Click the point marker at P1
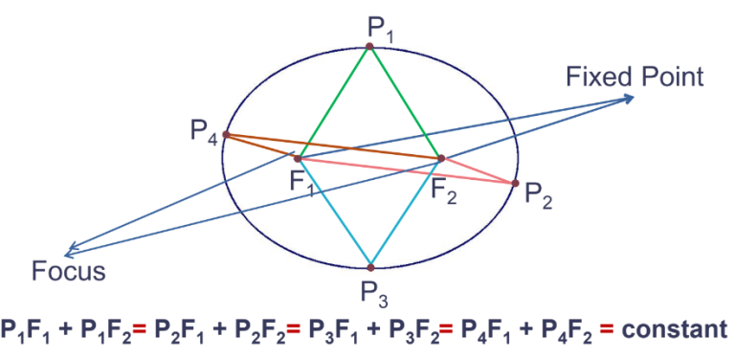[369, 46]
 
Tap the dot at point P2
[515, 183]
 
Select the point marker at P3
[370, 266]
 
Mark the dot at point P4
[226, 135]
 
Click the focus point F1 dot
[299, 158]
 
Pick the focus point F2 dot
[441, 158]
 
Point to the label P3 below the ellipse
[373, 292]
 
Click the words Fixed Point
[635, 76]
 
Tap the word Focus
[67, 270]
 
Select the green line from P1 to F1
[334, 101]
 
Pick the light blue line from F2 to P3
[406, 212]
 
